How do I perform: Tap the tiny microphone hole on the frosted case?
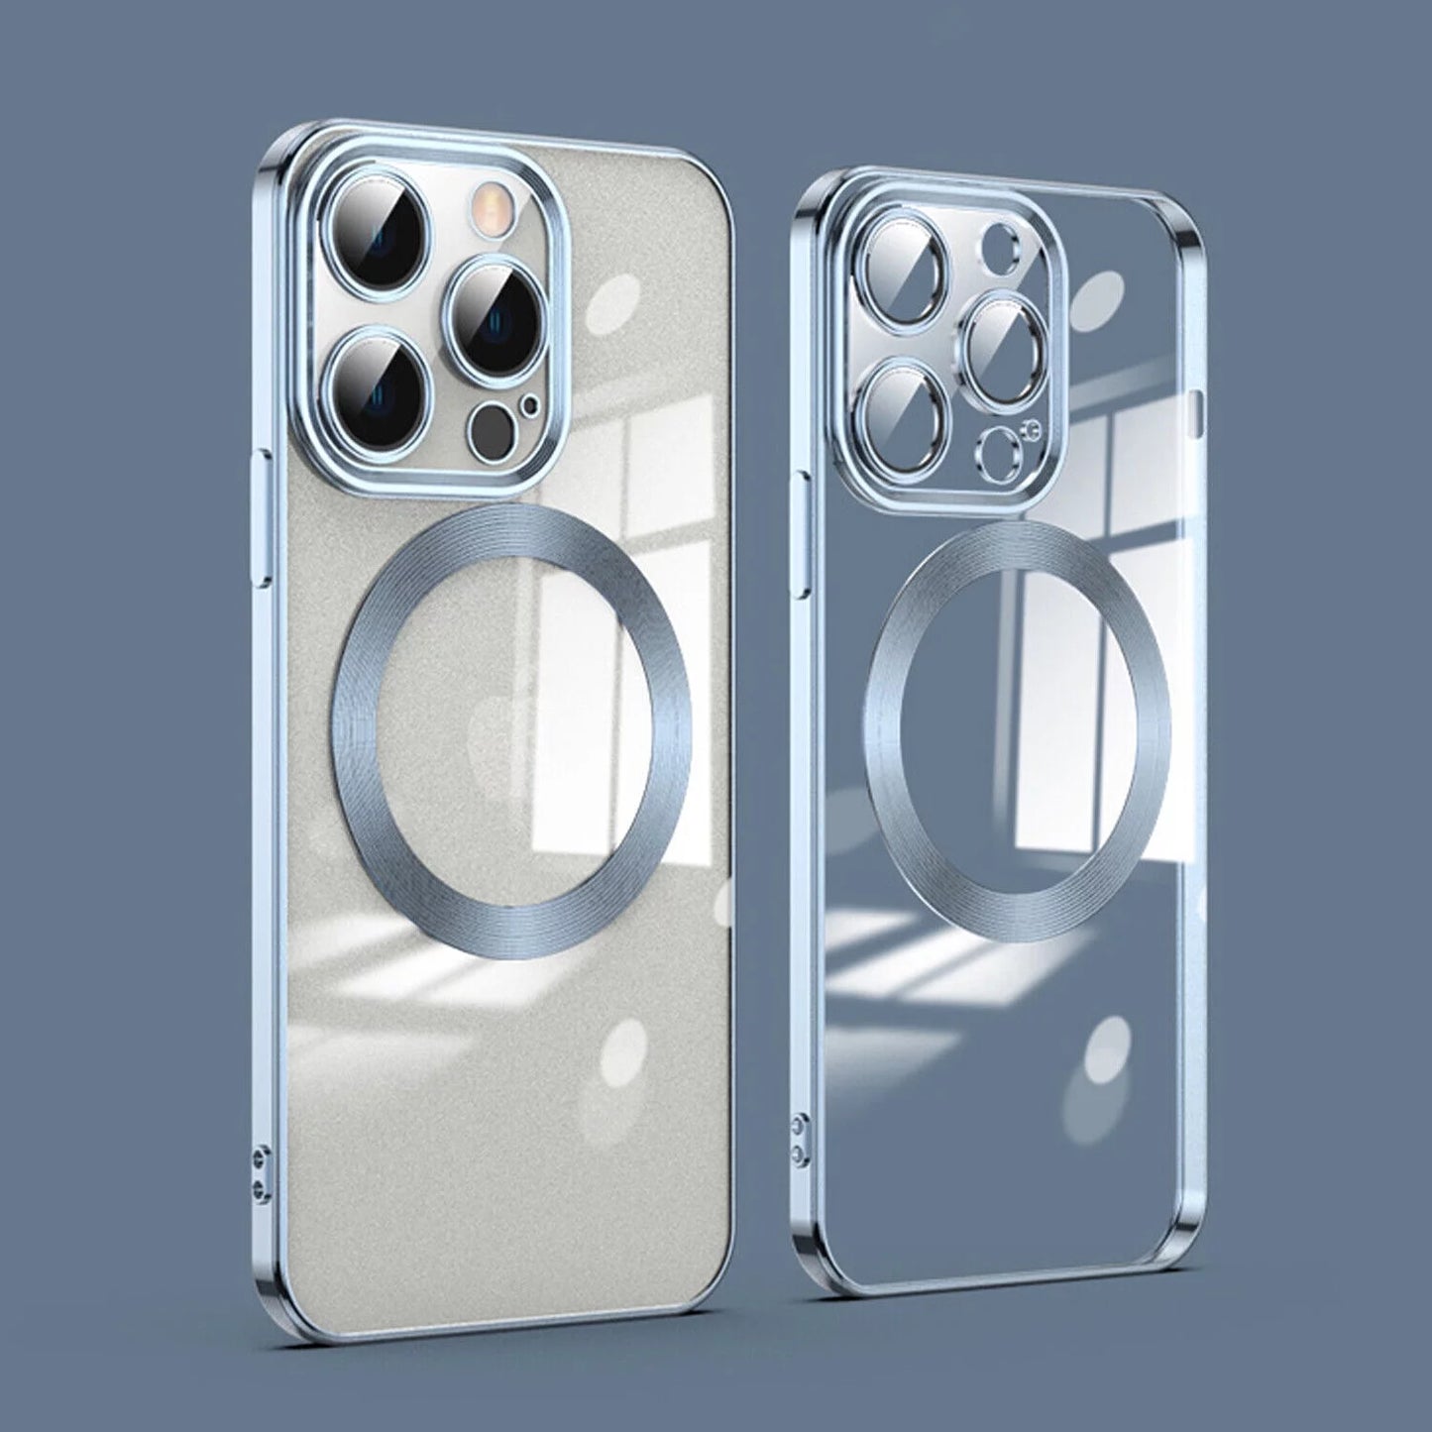(x=534, y=404)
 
